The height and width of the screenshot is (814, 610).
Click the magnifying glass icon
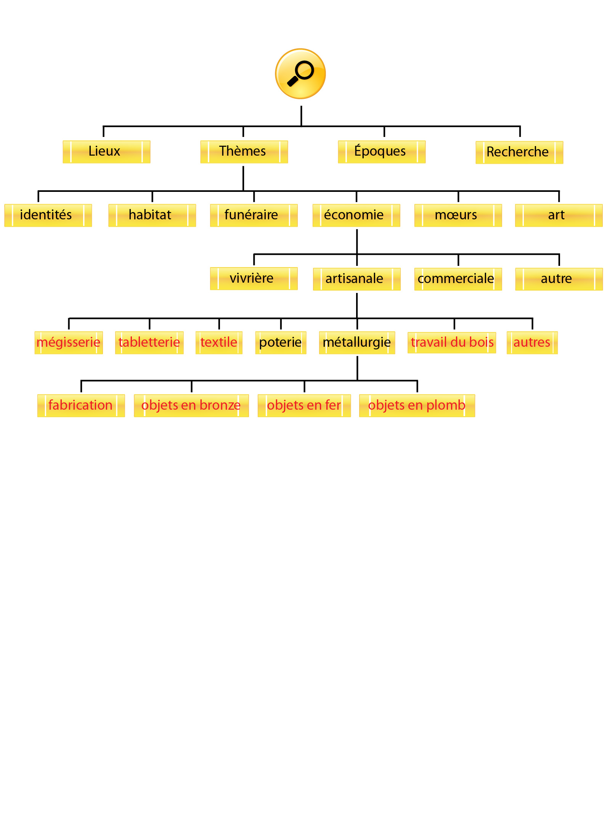coord(300,74)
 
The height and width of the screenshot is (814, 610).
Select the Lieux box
coord(106,152)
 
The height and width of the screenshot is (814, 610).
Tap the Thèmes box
coord(244,152)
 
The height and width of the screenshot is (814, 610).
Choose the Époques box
coord(382,152)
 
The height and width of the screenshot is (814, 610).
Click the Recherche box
coord(519,153)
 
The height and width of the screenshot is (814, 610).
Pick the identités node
coord(48,216)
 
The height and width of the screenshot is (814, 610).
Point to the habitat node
coord(152,216)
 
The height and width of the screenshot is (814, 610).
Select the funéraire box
coord(254,216)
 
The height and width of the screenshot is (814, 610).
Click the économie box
coord(356,216)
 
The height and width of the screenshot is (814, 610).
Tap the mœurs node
coord(458,216)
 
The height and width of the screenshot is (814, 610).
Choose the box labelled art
coord(559,216)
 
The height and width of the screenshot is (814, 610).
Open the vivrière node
coord(254,279)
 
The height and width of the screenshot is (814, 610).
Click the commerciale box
coord(458,279)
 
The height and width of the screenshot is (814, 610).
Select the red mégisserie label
coord(68,342)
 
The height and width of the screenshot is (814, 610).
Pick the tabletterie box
coord(149,343)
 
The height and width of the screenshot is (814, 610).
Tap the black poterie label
coord(280,342)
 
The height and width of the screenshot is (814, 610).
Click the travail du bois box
coord(452,343)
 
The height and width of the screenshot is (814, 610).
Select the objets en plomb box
coord(417,406)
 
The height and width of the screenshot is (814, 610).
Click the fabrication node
coord(81,406)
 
